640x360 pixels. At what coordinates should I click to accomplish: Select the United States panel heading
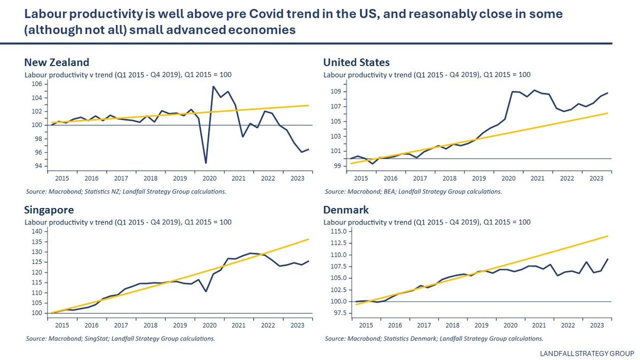(x=356, y=62)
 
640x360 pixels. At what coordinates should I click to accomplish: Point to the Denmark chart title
(x=346, y=209)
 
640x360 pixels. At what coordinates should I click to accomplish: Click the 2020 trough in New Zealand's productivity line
(x=206, y=163)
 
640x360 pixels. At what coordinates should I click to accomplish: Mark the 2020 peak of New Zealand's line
(x=213, y=86)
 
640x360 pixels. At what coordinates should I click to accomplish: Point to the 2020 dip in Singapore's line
(x=206, y=291)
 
